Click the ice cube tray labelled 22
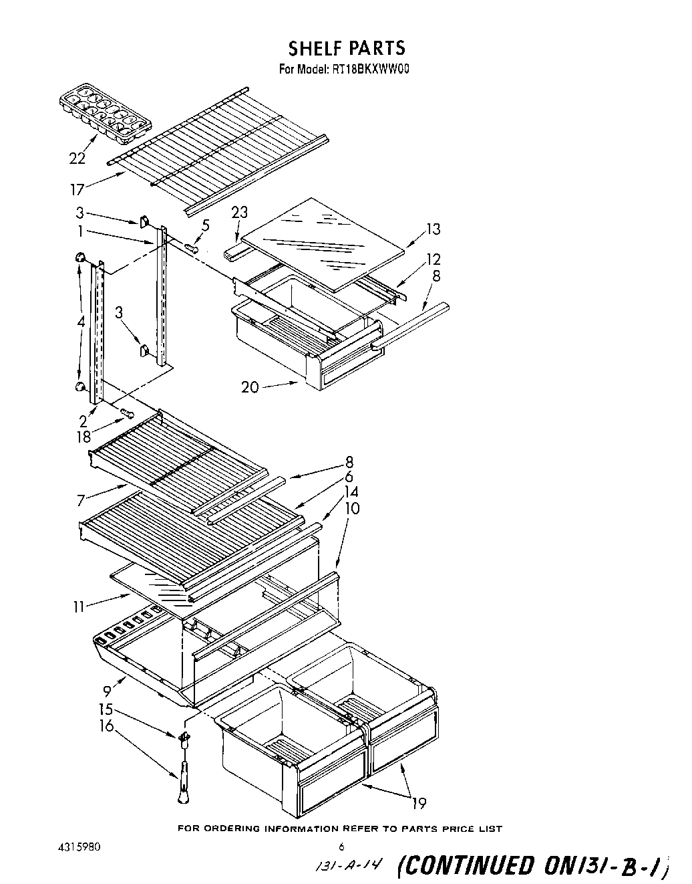105,113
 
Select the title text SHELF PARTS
346,48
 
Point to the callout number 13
433,229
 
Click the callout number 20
250,387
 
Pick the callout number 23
239,213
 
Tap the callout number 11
79,606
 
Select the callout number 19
418,802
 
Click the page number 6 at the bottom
341,846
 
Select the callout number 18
83,437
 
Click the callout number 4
81,322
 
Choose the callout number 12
434,259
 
